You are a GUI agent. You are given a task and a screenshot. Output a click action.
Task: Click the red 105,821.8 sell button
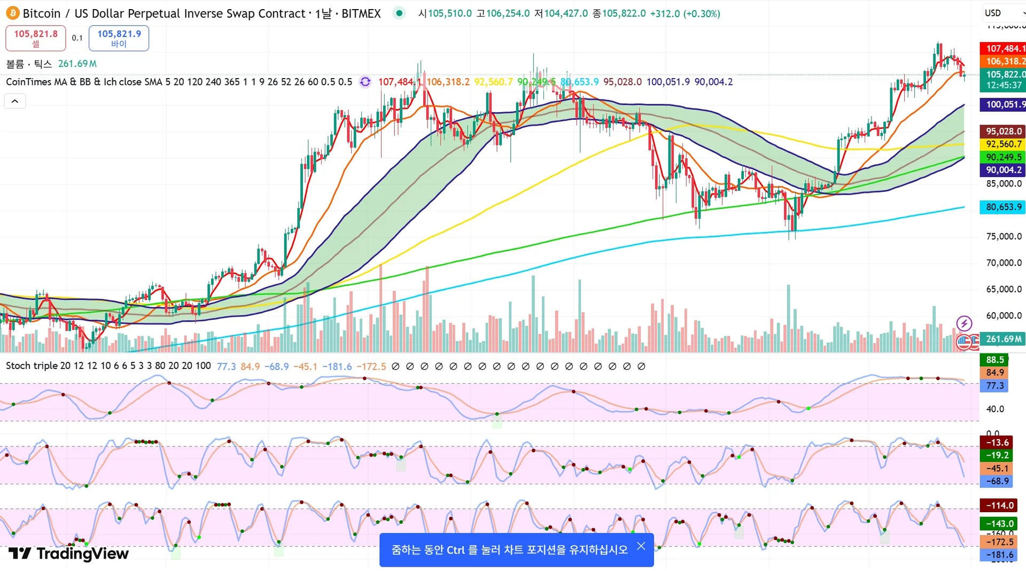point(36,38)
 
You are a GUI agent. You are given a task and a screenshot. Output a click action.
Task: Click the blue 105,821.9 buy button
point(119,38)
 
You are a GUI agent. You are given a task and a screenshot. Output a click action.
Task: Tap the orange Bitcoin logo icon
point(12,13)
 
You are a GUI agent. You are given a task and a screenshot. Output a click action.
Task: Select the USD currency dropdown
point(1002,13)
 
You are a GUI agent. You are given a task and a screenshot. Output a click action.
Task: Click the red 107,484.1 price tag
point(1003,49)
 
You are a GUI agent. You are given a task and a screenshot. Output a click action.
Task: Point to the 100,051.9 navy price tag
point(1003,105)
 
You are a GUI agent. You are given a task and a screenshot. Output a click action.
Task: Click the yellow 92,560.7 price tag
point(1003,144)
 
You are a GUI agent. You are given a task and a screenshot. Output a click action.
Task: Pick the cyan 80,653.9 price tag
point(1003,207)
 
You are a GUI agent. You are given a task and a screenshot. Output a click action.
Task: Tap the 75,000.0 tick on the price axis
point(1004,236)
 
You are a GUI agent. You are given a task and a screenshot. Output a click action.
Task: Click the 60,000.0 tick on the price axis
point(1004,315)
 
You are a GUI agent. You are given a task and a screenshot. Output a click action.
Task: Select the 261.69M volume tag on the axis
point(1003,339)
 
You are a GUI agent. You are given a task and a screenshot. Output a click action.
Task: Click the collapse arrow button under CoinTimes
point(15,101)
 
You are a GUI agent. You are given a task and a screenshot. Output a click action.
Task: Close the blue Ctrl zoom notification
point(641,546)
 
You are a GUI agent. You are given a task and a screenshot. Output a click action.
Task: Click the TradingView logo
point(68,553)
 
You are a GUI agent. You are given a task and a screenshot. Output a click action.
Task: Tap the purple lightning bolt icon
point(964,323)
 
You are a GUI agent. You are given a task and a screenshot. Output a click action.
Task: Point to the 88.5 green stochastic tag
point(994,360)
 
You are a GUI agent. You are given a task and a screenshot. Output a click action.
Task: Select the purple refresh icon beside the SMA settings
point(365,82)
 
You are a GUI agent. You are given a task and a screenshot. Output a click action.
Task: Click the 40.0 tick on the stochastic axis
point(995,409)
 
